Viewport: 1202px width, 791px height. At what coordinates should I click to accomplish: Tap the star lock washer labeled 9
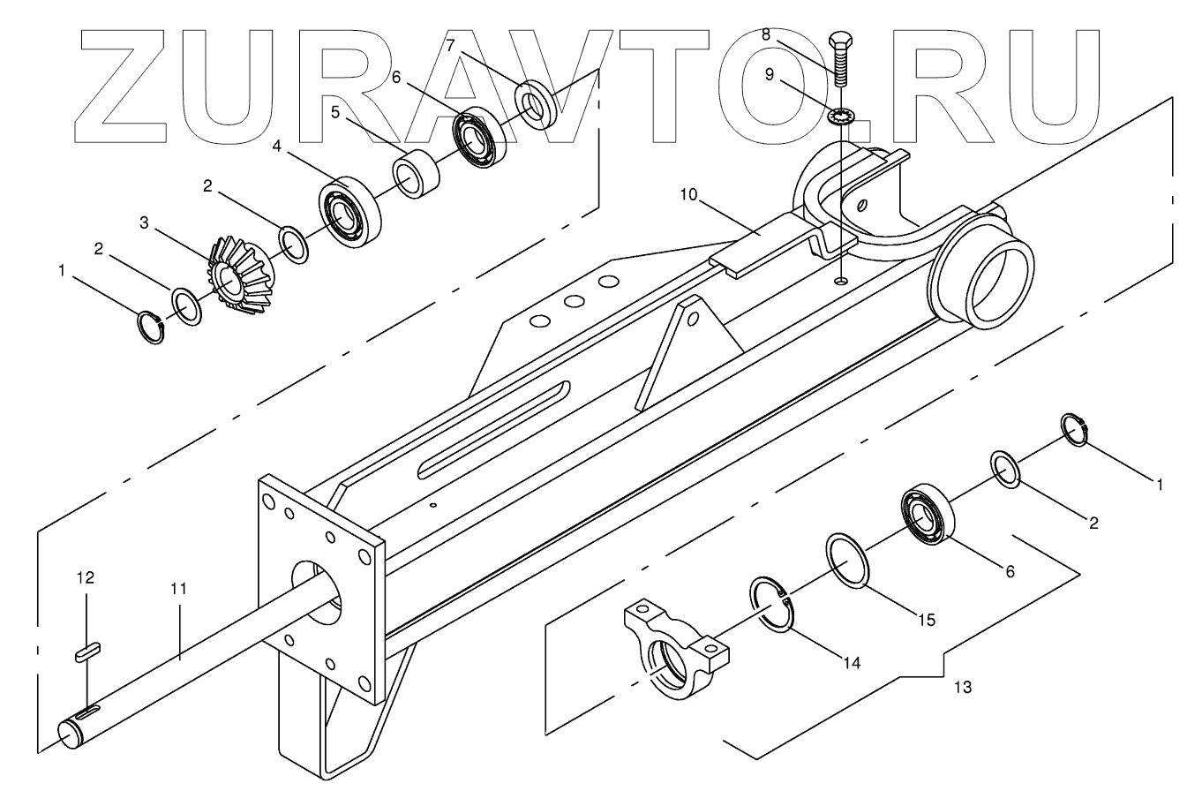pyautogui.click(x=843, y=115)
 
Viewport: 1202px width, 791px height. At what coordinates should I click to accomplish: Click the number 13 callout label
pyautogui.click(x=963, y=686)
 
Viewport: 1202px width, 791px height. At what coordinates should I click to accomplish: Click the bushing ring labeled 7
pyautogui.click(x=536, y=104)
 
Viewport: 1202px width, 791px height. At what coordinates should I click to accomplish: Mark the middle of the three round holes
pyautogui.click(x=575, y=302)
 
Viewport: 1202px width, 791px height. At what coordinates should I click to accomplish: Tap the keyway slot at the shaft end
pyautogui.click(x=87, y=712)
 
